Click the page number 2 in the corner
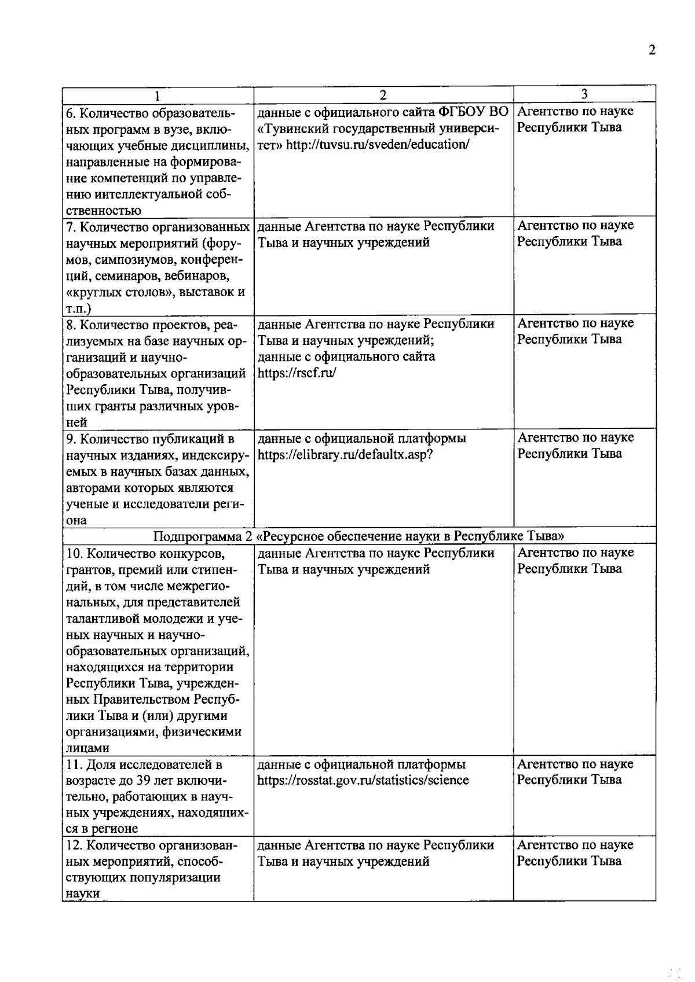[x=652, y=50]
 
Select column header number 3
[x=584, y=94]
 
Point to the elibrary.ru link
[x=345, y=455]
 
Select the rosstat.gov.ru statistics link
[x=363, y=780]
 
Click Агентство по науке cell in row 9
[x=575, y=446]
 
